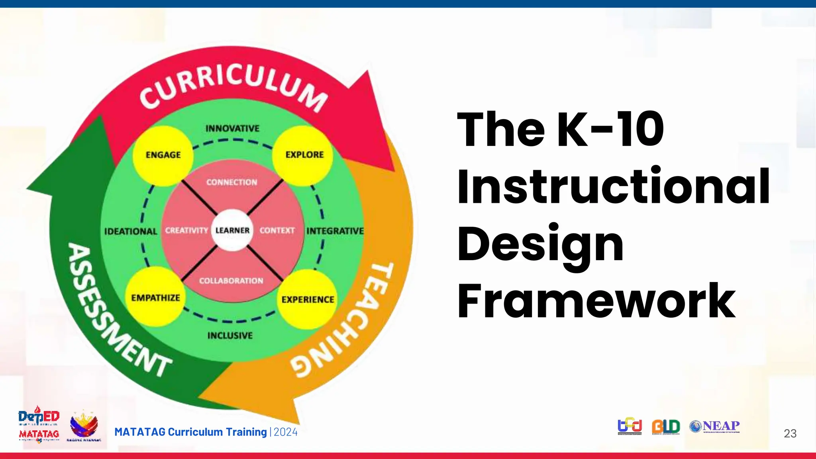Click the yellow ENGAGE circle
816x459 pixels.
coord(163,155)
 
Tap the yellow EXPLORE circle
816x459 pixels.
coord(304,155)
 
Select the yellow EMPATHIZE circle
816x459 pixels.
coord(156,297)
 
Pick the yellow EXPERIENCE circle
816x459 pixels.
coord(307,299)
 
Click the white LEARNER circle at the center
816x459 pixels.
coord(232,230)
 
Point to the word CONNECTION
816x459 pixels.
coord(232,182)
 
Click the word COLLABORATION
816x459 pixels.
coord(231,281)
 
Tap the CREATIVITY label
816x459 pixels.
coord(186,231)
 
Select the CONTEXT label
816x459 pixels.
coord(277,231)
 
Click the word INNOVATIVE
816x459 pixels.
coord(232,128)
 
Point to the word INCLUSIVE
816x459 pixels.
coord(230,335)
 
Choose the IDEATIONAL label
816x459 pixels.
coord(131,231)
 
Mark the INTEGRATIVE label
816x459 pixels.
coord(335,231)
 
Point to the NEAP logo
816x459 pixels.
coord(715,426)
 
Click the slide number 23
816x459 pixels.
coord(790,433)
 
